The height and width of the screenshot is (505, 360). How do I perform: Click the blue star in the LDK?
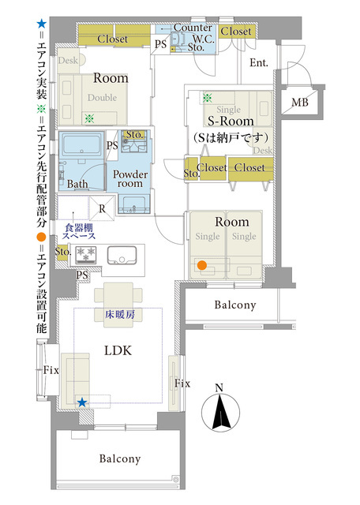pos(83,402)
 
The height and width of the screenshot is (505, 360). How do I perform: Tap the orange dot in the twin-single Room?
pos(202,265)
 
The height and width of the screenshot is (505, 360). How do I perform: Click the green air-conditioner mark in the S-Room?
pos(207,98)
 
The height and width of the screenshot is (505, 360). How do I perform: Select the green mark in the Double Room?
pos(89,118)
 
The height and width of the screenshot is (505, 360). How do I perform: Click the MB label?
pos(300,103)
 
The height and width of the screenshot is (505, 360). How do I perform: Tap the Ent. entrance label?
pos(259,62)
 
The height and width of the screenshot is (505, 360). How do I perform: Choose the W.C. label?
pos(204,39)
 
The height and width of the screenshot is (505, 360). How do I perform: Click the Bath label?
pos(77,184)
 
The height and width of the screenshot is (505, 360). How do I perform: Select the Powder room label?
pos(130,179)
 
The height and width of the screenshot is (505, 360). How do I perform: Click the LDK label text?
pos(118,350)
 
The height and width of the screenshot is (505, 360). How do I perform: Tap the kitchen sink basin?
pos(122,256)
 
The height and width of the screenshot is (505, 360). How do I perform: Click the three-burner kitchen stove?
pos(86,255)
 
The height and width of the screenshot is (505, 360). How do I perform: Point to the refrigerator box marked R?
pos(102,208)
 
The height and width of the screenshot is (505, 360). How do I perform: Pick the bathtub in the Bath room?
pos(81,145)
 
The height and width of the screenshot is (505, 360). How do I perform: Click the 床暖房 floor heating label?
pos(119,314)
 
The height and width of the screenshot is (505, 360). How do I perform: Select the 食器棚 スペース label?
pos(79,231)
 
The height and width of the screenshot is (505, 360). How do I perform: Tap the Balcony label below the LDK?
pos(120,458)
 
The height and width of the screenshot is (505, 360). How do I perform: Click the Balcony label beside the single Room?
pos(235,305)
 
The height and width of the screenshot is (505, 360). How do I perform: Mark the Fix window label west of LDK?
pos(51,370)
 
